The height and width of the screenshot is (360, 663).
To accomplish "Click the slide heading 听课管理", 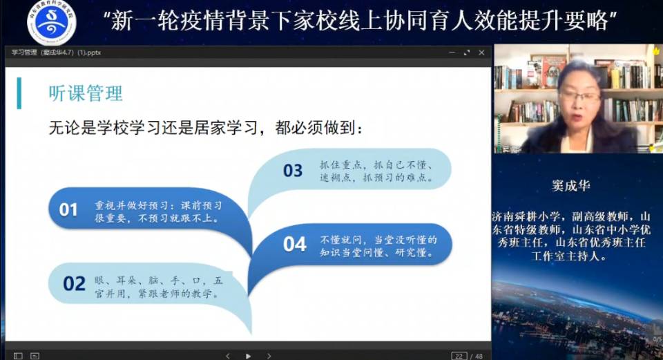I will click(86, 93).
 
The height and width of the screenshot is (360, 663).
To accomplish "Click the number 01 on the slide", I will click(68, 209).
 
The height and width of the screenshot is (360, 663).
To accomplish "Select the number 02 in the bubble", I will click(74, 283).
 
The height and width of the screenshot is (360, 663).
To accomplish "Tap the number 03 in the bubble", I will click(293, 171).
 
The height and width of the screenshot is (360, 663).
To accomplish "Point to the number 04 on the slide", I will click(294, 244).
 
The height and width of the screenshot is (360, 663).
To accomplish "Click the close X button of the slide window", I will click(481, 53).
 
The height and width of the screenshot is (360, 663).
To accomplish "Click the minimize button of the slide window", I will click(452, 53).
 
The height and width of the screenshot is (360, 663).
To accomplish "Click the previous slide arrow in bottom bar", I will click(228, 356).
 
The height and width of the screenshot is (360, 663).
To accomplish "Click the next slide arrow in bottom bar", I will click(269, 356).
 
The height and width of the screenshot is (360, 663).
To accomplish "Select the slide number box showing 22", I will click(459, 356).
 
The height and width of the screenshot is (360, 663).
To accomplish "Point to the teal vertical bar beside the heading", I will click(19, 93).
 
